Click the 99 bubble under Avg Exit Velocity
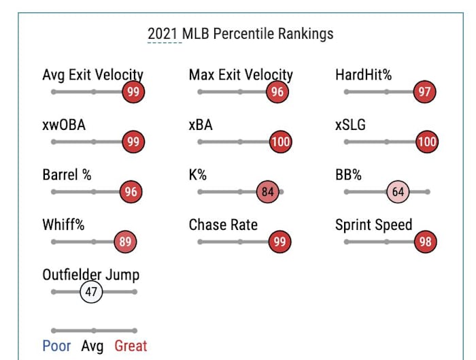(133, 92)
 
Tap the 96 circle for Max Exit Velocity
(276, 92)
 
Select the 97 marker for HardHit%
(424, 92)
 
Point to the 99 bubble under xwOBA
(133, 142)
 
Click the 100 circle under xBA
(280, 142)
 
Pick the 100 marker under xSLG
(426, 142)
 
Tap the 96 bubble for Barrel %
(131, 192)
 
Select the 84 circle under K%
(268, 192)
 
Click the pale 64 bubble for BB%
(398, 192)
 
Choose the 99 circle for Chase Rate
(279, 242)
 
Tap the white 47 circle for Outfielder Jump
(90, 292)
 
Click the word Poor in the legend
(56, 346)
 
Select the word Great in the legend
(131, 346)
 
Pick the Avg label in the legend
(92, 346)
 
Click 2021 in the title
(164, 33)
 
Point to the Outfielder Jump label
(90, 275)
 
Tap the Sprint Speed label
(373, 225)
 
